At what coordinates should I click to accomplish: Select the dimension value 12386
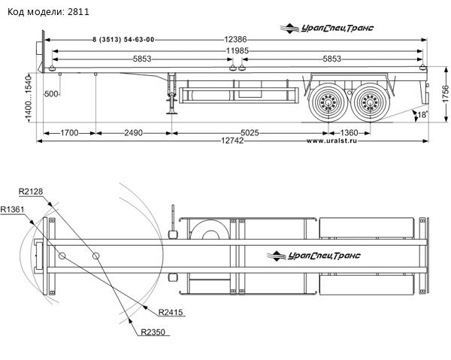click(x=240, y=38)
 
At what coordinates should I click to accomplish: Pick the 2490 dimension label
click(x=132, y=132)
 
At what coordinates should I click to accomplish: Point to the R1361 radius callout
click(x=14, y=208)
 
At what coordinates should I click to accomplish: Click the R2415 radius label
click(x=171, y=312)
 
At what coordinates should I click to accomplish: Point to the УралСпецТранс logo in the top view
click(x=314, y=256)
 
